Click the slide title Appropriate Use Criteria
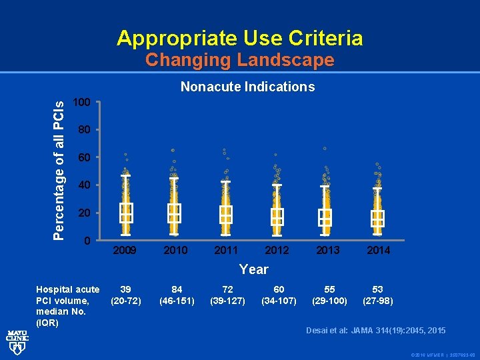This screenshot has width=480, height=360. click(x=240, y=38)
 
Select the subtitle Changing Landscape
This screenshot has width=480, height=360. click(x=240, y=60)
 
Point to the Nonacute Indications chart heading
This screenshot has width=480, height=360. click(x=248, y=87)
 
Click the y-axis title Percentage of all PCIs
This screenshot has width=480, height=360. click(x=59, y=170)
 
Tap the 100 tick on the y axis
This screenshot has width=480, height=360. click(x=81, y=103)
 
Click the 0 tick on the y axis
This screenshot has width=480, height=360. click(x=87, y=240)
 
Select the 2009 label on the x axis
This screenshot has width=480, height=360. click(x=125, y=250)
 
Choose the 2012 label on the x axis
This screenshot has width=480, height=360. click(x=277, y=250)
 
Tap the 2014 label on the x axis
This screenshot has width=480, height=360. click(x=378, y=250)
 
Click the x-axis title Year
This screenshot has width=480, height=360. click(x=253, y=269)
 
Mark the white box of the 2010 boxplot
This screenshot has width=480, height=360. click(x=174, y=213)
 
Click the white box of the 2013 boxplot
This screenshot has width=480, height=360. click(x=325, y=217)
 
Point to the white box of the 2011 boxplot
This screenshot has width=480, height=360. click(x=226, y=214)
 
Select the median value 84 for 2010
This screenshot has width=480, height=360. click(x=177, y=289)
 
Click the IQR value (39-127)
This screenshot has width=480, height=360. click(x=227, y=301)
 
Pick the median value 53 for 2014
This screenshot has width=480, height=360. click(x=377, y=289)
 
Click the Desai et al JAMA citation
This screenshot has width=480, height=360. click(x=376, y=331)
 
